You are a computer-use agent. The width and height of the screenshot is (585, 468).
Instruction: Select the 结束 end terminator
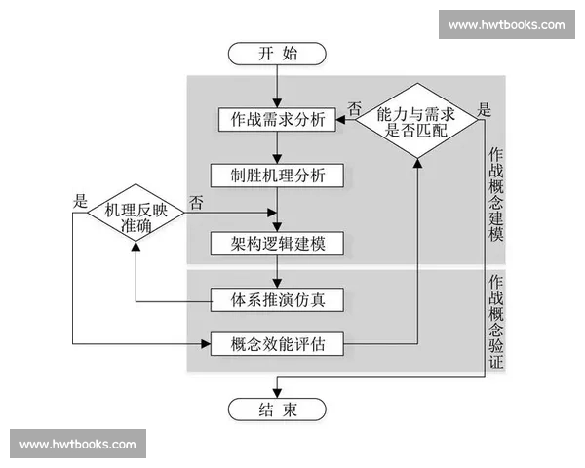point(278,409)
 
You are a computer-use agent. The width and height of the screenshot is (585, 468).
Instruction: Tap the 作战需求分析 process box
point(278,123)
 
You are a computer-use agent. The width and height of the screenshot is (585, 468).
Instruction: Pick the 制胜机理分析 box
point(278,175)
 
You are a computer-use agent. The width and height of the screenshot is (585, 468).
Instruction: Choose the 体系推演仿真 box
point(278,297)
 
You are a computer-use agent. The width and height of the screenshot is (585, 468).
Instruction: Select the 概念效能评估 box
point(278,343)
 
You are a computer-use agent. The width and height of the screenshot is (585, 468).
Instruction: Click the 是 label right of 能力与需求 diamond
point(485,109)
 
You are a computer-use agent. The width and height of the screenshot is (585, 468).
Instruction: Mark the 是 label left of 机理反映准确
point(79,201)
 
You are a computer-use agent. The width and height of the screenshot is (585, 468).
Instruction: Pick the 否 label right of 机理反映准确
point(197,203)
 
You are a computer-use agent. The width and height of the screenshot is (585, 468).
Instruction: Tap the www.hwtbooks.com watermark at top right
point(507,25)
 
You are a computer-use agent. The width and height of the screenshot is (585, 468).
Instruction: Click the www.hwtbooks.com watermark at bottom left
point(78,445)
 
